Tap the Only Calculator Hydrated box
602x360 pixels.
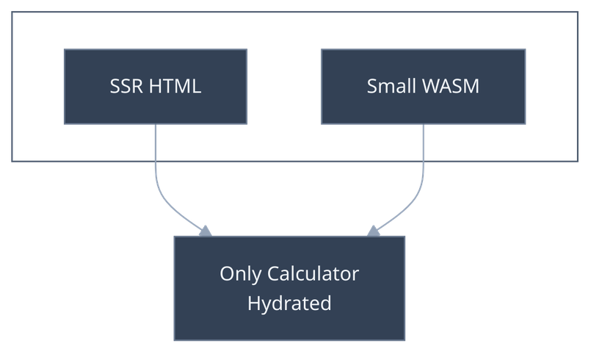tap(289, 288)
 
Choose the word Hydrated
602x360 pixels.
tap(289, 303)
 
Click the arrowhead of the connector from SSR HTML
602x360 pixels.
tap(206, 230)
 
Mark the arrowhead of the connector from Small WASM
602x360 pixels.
tap(374, 230)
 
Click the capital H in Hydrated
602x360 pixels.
tap(253, 303)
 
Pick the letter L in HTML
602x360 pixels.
tap(196, 87)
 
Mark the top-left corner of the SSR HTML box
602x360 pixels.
tap(64, 50)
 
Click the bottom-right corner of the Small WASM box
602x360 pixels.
tap(526, 124)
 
